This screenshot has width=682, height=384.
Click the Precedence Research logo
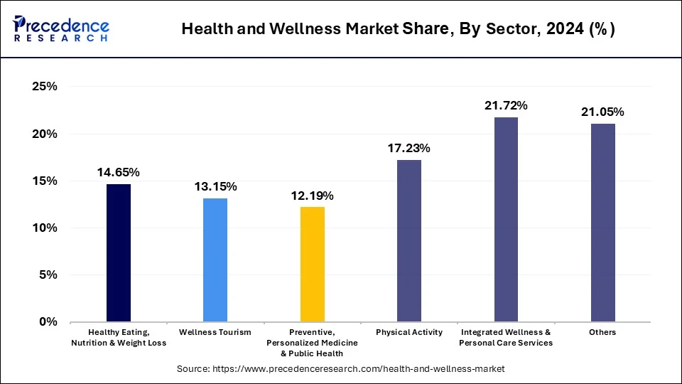(61, 28)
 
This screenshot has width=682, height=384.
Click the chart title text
(398, 29)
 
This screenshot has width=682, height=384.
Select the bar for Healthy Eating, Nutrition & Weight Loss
(119, 252)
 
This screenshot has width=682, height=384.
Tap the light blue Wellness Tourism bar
(215, 260)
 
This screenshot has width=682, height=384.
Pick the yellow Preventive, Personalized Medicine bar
(313, 264)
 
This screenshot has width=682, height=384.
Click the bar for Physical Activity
(409, 240)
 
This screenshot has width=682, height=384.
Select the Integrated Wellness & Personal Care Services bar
(506, 219)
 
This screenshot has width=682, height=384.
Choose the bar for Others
(602, 223)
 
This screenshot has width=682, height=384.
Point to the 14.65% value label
(119, 172)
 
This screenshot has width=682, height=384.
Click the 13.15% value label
(215, 186)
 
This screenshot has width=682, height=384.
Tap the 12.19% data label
(313, 196)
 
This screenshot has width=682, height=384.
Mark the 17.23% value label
(409, 149)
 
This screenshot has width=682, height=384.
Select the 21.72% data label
(506, 105)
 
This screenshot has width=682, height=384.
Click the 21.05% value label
(602, 112)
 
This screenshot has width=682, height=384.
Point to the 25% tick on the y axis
(44, 87)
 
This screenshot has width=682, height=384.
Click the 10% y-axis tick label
(44, 228)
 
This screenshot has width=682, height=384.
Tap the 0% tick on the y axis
(48, 322)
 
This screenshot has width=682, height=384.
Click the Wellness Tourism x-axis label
(215, 332)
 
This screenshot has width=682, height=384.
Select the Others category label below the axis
(602, 332)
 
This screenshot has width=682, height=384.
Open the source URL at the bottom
(340, 368)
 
